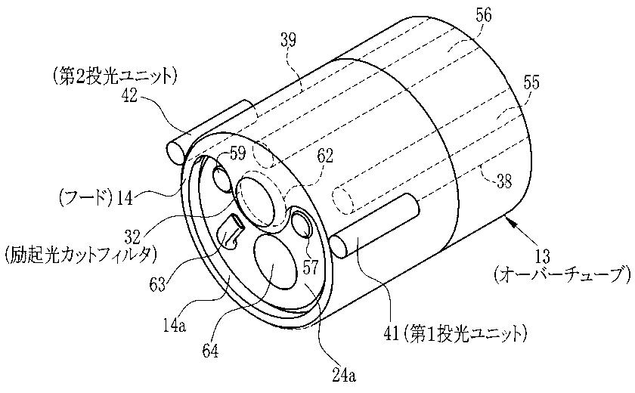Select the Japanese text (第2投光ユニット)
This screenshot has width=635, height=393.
pos(114,75)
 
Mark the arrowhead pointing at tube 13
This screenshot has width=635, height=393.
pos(508,221)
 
